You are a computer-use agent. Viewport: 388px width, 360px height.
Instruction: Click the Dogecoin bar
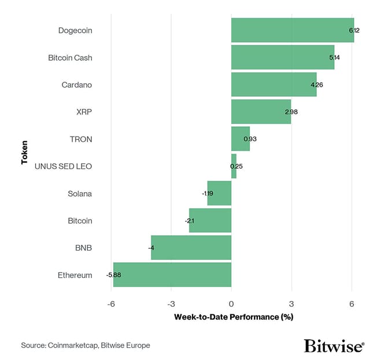[292, 30]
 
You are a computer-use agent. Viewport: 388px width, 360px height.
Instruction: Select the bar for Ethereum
[172, 275]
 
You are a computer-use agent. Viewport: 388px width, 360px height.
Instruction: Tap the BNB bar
[191, 248]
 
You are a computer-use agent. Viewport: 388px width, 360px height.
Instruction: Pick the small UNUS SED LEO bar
[234, 166]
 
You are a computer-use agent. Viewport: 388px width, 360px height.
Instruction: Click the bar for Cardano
[274, 85]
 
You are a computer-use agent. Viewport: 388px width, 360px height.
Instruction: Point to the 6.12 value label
[354, 30]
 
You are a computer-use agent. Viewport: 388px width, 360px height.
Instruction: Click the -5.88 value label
[114, 275]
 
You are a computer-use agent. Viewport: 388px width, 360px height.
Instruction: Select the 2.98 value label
[291, 112]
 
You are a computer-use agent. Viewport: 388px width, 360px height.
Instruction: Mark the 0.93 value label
[250, 139]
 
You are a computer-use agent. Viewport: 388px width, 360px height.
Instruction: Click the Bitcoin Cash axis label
[70, 58]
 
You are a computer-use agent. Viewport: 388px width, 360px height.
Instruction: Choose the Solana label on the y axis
[80, 193]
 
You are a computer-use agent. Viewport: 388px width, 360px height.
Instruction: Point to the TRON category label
[81, 139]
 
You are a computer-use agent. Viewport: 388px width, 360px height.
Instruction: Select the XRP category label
[84, 112]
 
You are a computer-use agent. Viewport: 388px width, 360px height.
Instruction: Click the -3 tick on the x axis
[171, 304]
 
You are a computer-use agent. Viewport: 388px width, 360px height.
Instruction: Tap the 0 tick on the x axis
[231, 304]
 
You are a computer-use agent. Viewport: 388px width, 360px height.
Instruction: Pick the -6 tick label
[111, 304]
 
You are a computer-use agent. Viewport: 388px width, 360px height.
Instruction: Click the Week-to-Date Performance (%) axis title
[233, 317]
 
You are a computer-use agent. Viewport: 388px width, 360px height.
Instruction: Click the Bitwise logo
[334, 346]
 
